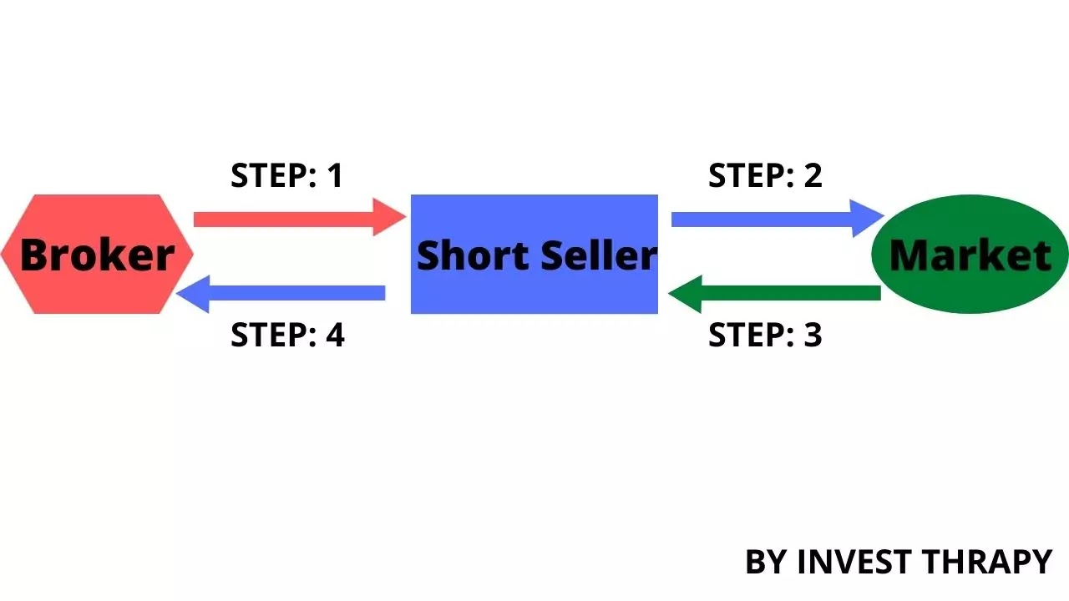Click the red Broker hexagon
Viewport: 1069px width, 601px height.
click(98, 255)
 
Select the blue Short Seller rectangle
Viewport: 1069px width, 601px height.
click(534, 255)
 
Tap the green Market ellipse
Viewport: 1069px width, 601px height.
click(970, 255)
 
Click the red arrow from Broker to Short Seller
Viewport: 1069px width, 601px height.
click(300, 218)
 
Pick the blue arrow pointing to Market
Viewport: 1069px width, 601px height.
click(778, 219)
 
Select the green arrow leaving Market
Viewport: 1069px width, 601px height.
click(774, 294)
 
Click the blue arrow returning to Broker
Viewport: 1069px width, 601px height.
click(281, 294)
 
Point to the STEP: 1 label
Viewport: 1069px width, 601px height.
click(286, 175)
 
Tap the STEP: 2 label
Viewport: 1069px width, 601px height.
click(766, 175)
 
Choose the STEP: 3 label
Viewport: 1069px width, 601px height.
click(766, 335)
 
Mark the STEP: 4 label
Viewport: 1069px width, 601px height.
click(287, 335)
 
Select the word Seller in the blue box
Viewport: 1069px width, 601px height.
click(599, 255)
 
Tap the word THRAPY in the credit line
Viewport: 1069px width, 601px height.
click(987, 562)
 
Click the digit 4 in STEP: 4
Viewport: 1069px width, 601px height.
click(335, 335)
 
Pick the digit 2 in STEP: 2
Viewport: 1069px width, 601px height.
click(813, 175)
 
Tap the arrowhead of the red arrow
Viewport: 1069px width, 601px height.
click(389, 217)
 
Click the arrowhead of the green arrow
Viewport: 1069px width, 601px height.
click(685, 294)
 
